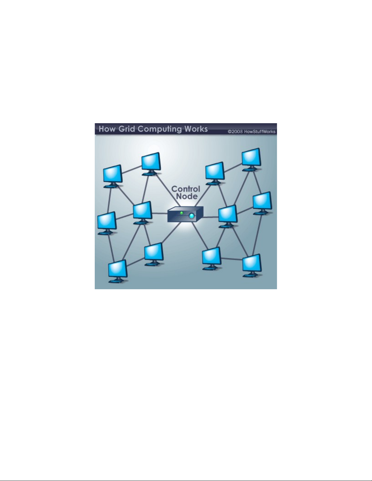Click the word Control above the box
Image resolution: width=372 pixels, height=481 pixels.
pos(186,189)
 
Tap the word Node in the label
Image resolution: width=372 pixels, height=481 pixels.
pos(187,196)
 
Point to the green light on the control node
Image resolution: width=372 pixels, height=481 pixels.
pos(182,213)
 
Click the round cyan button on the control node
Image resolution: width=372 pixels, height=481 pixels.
pos(192,216)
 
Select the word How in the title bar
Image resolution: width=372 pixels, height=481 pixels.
pos(107,129)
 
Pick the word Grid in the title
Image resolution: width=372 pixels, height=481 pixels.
pos(127,129)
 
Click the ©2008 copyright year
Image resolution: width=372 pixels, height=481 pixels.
pos(236,132)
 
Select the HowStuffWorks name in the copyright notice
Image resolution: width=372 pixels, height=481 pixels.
pos(260,132)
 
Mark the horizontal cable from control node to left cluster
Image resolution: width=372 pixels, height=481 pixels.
pos(160,213)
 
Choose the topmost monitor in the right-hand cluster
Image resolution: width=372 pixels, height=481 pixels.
pos(251,159)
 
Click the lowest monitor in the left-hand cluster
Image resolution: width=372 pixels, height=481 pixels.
pos(118,271)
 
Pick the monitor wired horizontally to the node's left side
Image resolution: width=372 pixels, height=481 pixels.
pos(143,213)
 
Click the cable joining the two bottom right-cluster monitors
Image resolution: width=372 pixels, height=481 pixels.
pos(232,259)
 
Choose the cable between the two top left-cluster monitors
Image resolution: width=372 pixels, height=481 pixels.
pos(132,170)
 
